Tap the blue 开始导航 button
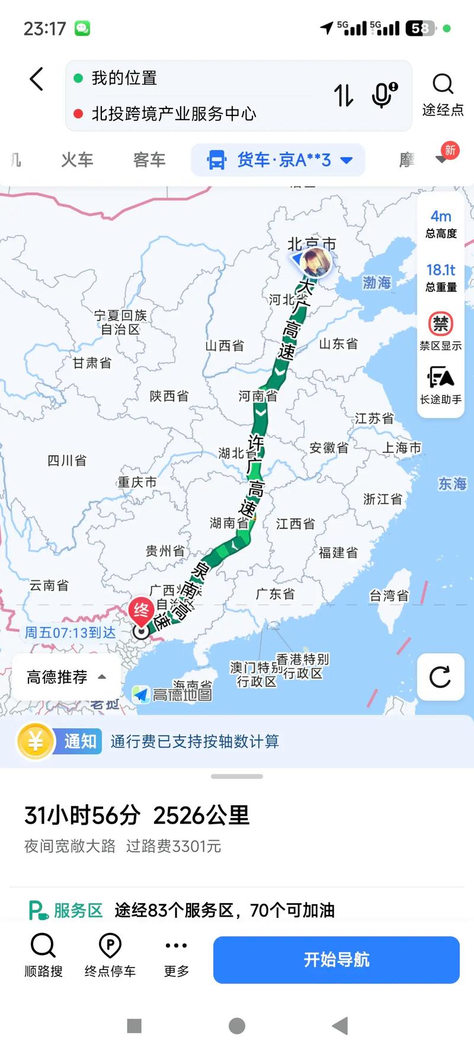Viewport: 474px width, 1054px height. [x=336, y=960]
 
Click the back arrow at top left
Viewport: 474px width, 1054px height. [x=37, y=79]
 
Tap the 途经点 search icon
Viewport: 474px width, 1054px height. [x=443, y=85]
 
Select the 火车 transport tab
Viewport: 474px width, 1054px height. [x=77, y=160]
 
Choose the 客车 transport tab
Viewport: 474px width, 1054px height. [x=149, y=160]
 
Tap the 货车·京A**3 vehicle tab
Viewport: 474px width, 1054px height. [x=278, y=160]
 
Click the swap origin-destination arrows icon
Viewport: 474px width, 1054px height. [x=344, y=95]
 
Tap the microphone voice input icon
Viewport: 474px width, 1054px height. [x=383, y=95]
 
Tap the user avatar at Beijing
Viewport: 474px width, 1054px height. [x=315, y=262]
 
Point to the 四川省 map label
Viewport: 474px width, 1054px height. [x=67, y=460]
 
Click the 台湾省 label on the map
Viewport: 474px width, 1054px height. [x=389, y=596]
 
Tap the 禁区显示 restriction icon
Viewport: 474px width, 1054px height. [x=441, y=324]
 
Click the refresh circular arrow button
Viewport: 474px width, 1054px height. [x=440, y=677]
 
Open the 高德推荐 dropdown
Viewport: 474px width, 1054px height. [x=66, y=677]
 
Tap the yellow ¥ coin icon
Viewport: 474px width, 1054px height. [x=36, y=741]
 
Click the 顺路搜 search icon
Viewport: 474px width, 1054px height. [x=43, y=946]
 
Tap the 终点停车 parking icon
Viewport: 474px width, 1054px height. [x=110, y=946]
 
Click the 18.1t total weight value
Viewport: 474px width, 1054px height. [x=441, y=271]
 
